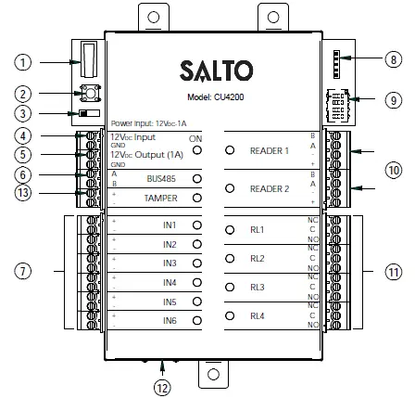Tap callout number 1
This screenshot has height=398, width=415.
point(23,62)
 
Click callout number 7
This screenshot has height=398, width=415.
point(23,272)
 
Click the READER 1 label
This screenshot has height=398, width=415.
point(270,148)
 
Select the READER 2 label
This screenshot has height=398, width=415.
point(270,187)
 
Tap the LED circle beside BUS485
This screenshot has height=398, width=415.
point(196,178)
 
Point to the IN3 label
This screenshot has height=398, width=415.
point(168,263)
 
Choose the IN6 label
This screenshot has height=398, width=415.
point(168,320)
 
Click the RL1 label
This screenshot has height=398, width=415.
point(258,230)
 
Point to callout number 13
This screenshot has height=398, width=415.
point(23,193)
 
